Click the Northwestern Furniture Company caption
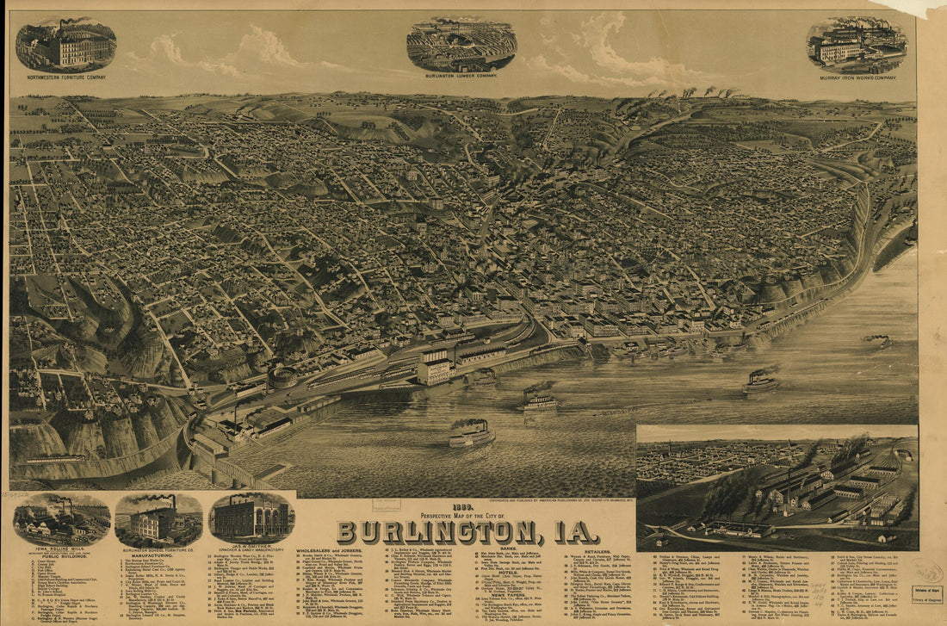coord(65,77)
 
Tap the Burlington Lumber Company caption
coord(461,76)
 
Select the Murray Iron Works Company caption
coord(857,77)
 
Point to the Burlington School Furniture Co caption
coord(159,549)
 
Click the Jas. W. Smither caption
coord(251,548)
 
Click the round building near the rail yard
coord(281,376)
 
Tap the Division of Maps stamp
coord(928,592)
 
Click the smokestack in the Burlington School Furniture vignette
coord(173,504)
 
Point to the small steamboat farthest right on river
coord(879,342)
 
